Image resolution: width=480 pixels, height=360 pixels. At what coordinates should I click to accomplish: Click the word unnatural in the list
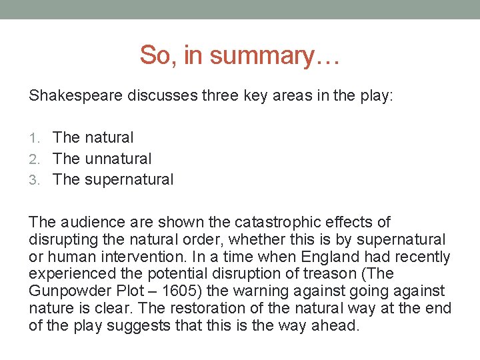coord(118,159)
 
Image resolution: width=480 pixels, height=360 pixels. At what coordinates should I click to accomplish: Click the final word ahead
coord(337,326)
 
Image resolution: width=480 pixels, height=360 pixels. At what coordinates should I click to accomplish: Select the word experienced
coord(71,274)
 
